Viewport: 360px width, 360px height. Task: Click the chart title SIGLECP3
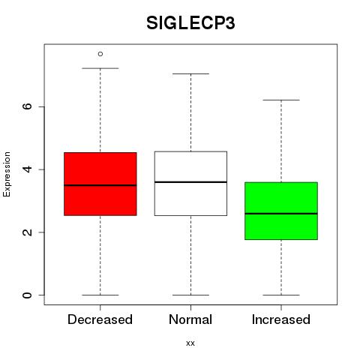click(190, 23)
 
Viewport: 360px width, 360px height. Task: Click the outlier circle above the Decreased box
click(100, 54)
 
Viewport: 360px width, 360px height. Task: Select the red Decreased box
click(100, 184)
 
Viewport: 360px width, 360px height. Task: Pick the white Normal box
click(190, 183)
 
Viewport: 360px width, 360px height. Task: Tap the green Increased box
click(281, 211)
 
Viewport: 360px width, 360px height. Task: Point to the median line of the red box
click(100, 185)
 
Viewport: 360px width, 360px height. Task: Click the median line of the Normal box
click(190, 182)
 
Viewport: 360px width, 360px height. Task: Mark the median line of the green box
click(281, 214)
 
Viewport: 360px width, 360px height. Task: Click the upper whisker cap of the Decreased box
click(100, 68)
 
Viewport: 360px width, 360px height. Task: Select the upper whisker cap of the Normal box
click(190, 73)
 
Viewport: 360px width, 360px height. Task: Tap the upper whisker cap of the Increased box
click(281, 100)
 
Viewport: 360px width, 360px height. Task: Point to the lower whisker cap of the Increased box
click(281, 295)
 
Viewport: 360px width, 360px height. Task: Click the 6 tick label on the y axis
click(27, 106)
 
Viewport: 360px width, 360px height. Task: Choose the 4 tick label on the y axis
click(27, 169)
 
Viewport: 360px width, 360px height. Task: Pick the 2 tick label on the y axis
click(27, 232)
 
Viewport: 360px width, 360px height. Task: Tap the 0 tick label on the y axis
click(27, 295)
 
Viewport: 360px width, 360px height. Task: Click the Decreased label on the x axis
click(100, 319)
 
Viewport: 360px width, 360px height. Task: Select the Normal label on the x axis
click(190, 319)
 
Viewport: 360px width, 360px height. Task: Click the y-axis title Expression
click(7, 174)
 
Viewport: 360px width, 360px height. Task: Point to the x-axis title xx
click(190, 343)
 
